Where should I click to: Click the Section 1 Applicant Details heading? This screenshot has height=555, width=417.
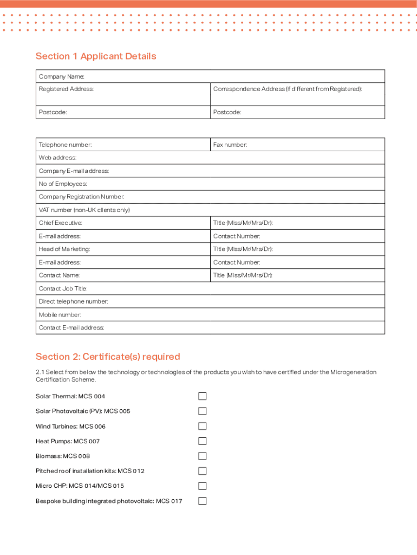[96, 56]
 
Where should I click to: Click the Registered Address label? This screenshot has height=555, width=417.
[67, 89]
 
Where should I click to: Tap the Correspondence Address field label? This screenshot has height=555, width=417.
[287, 89]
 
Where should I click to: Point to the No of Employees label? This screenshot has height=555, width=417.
[63, 184]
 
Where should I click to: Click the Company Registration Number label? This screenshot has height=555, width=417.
[82, 197]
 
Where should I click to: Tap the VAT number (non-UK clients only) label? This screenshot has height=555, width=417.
[84, 210]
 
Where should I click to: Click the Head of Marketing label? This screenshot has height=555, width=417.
[64, 249]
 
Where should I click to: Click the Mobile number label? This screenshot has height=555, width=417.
[60, 314]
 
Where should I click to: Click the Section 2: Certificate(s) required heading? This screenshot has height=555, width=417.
[108, 357]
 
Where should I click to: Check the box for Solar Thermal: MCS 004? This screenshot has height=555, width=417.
[202, 396]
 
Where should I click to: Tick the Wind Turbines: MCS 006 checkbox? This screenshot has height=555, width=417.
[202, 426]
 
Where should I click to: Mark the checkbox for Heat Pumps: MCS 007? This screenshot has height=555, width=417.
[202, 441]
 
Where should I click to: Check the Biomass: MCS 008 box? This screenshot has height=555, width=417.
[202, 456]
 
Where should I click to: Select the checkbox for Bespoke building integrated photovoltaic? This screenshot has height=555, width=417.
[202, 501]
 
